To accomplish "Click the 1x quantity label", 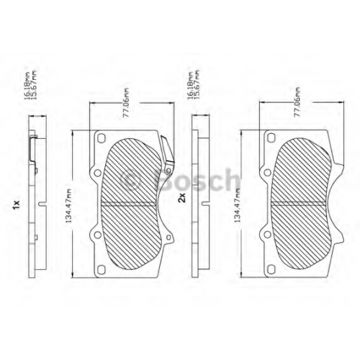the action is (x=17, y=204).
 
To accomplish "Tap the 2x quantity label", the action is (x=182, y=198).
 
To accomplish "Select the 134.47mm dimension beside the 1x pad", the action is (x=69, y=206).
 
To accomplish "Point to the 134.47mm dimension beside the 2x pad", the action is (x=238, y=204).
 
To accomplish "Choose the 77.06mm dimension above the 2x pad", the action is (x=297, y=102).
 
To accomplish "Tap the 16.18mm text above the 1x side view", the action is (x=27, y=86).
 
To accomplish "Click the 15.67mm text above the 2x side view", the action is (x=197, y=84).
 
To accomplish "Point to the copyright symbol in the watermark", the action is (x=130, y=179).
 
